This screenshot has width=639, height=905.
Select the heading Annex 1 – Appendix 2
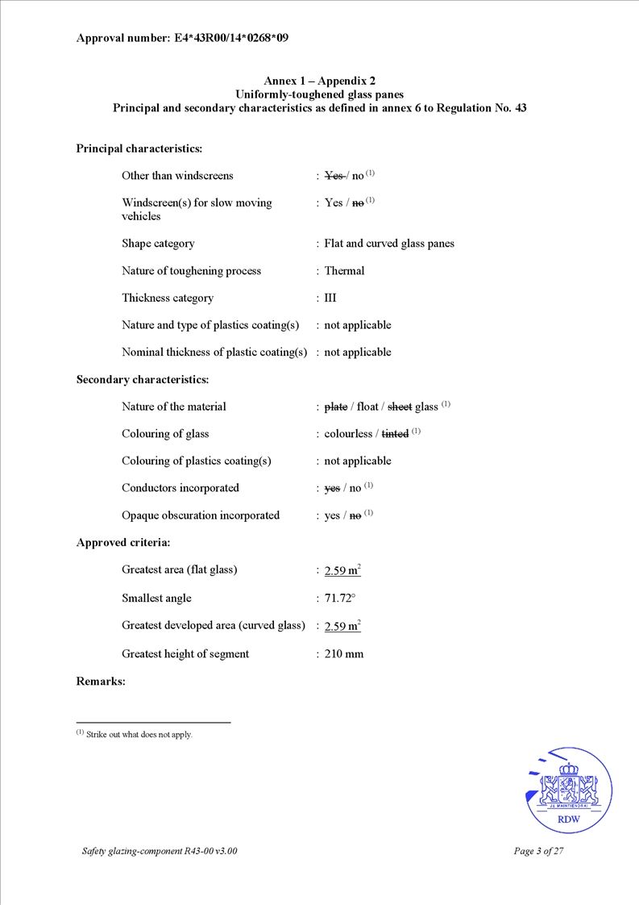click(x=319, y=81)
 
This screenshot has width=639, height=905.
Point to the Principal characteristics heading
click(x=139, y=148)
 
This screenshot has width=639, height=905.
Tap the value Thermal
click(x=344, y=271)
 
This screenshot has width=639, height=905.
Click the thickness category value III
click(x=330, y=298)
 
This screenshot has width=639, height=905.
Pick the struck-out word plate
click(x=335, y=407)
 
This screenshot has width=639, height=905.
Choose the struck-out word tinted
click(x=395, y=434)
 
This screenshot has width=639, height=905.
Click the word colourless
click(x=348, y=434)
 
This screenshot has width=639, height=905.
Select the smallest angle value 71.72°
click(x=340, y=598)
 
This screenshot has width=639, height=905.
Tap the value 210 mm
click(x=343, y=654)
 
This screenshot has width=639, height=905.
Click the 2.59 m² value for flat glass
click(x=342, y=571)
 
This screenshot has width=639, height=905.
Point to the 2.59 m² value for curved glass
click(x=342, y=626)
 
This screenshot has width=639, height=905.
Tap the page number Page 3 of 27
click(x=537, y=851)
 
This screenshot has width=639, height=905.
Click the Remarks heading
click(x=101, y=682)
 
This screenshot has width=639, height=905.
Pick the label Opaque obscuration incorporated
click(x=201, y=515)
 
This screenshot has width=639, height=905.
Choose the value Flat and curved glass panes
click(x=389, y=244)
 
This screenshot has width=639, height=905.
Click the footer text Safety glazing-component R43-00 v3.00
click(x=160, y=851)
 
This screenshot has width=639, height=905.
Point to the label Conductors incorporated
click(x=180, y=488)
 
